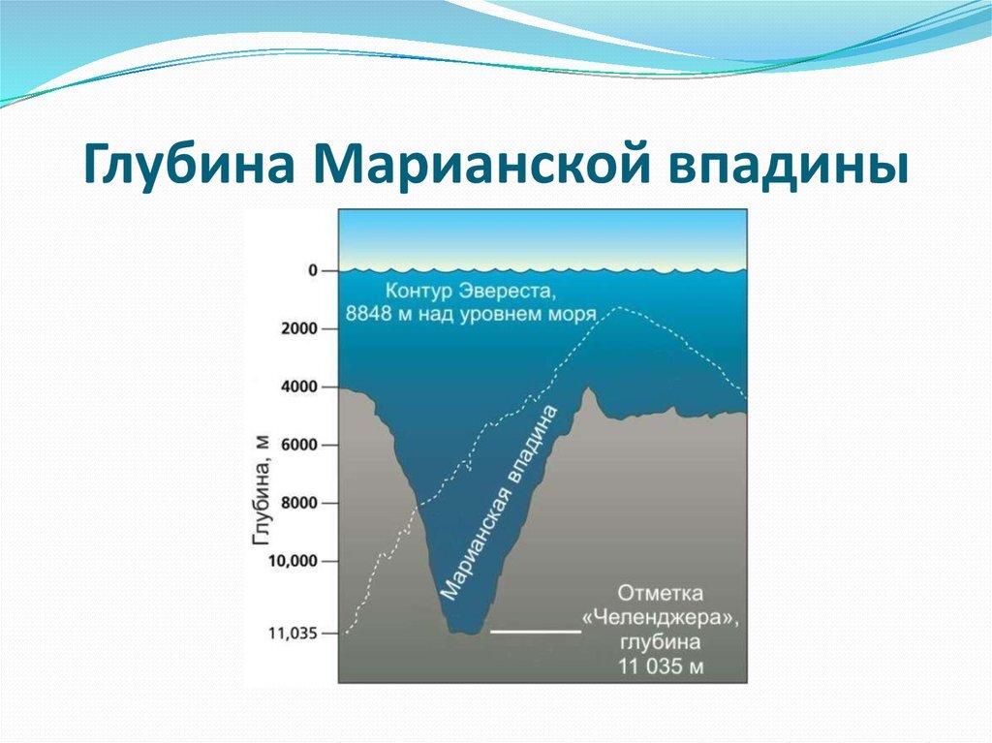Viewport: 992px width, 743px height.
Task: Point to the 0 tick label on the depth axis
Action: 313,271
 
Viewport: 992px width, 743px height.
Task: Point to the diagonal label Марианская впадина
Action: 500,503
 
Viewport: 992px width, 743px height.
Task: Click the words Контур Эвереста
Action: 471,292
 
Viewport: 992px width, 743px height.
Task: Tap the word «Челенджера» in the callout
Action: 661,618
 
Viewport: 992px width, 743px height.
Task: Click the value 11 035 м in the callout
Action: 661,666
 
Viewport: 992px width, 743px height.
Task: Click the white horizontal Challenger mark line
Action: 536,632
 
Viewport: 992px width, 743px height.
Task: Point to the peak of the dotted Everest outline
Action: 618,308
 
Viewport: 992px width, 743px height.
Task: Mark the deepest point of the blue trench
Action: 465,633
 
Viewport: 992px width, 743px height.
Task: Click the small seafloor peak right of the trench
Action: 589,388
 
